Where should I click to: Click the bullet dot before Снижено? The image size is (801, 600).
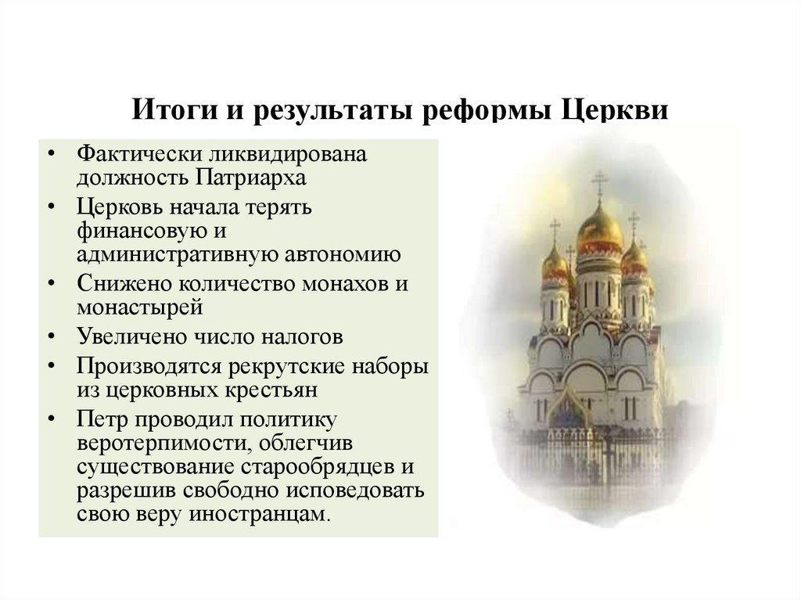(x=52, y=283)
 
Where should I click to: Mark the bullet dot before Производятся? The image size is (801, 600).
(x=52, y=365)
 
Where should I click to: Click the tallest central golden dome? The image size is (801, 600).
(x=600, y=227)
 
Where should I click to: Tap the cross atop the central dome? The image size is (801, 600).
(x=600, y=184)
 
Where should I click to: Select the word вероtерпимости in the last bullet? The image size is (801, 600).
(x=156, y=444)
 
